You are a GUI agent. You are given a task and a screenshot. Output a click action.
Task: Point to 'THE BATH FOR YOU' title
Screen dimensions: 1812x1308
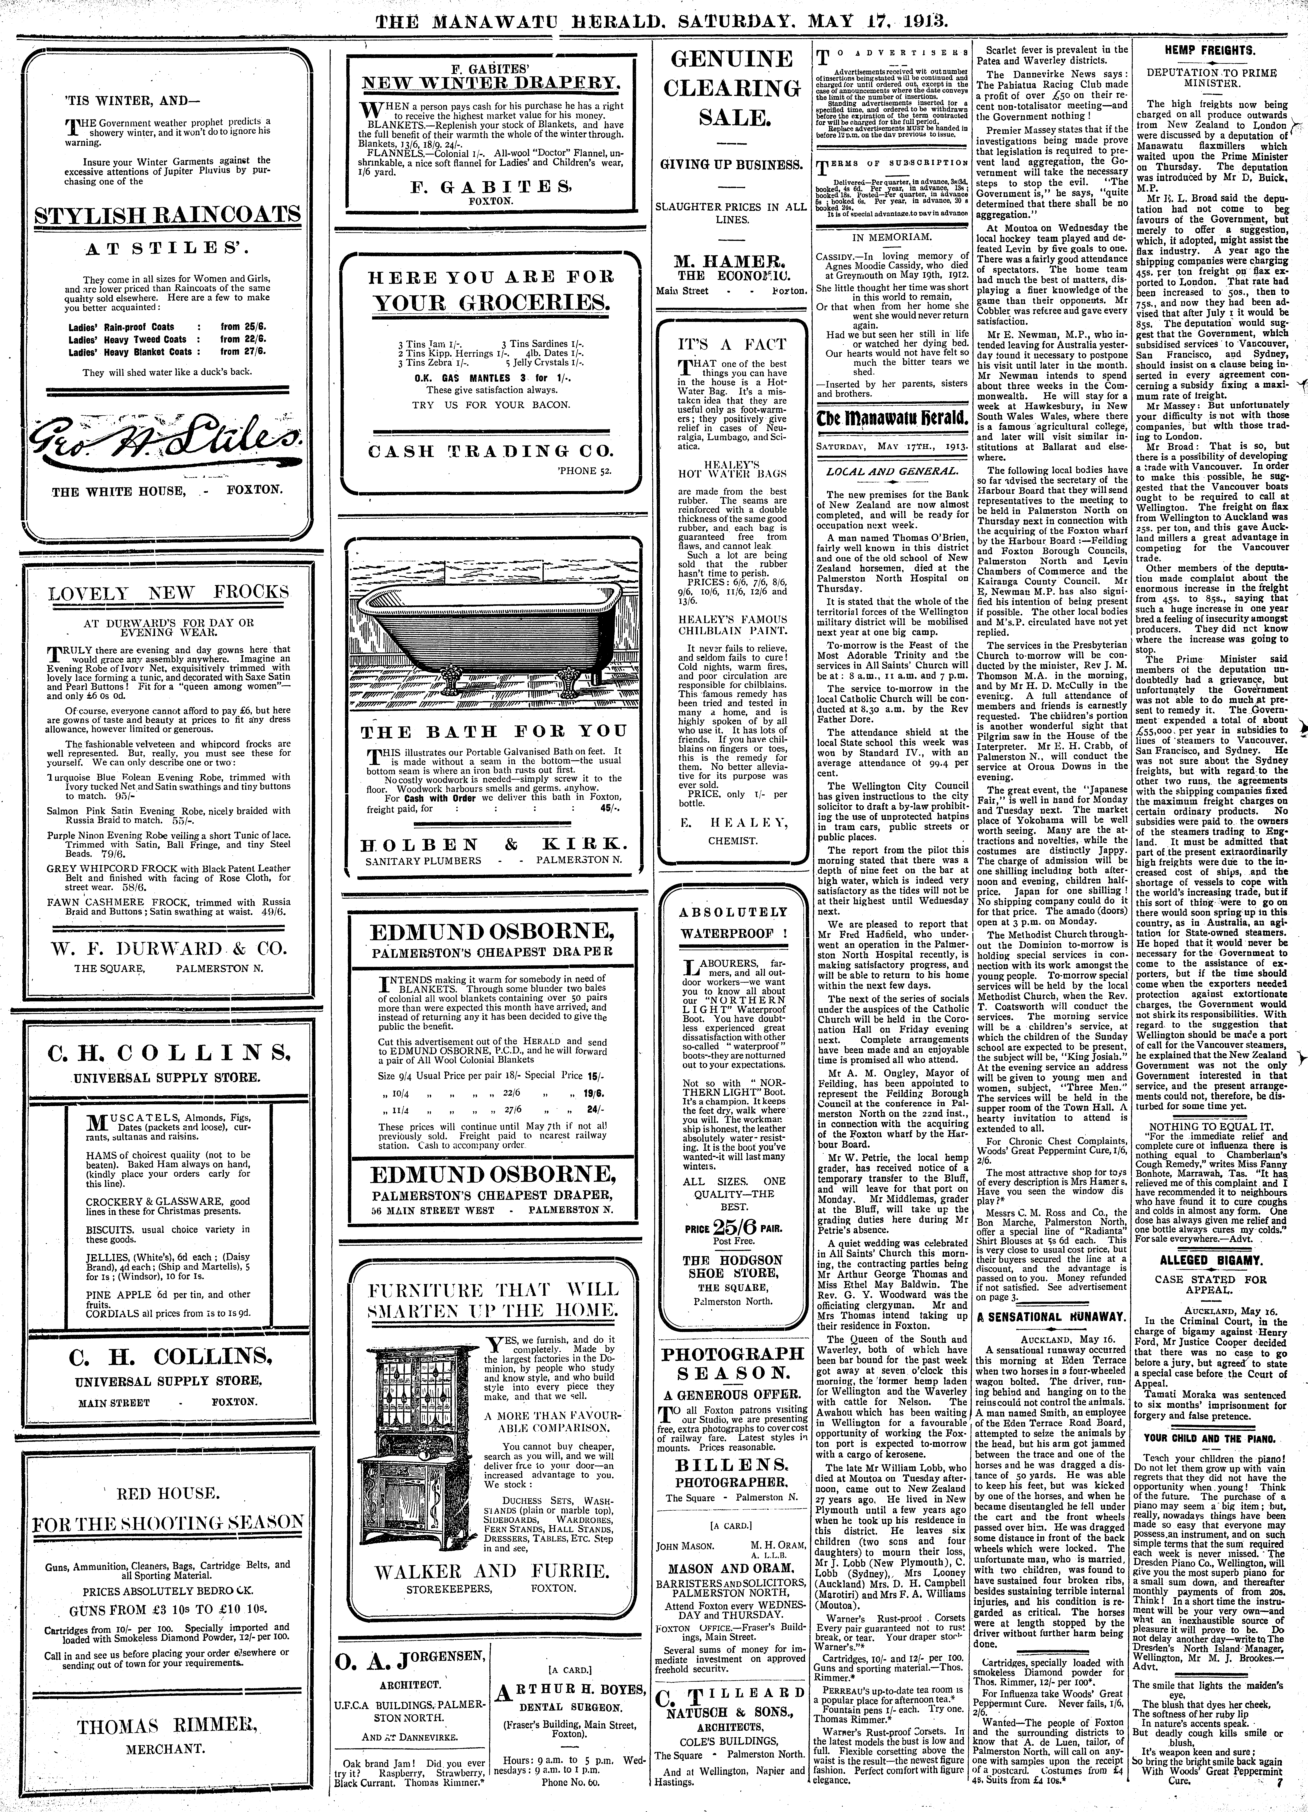coord(493,731)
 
